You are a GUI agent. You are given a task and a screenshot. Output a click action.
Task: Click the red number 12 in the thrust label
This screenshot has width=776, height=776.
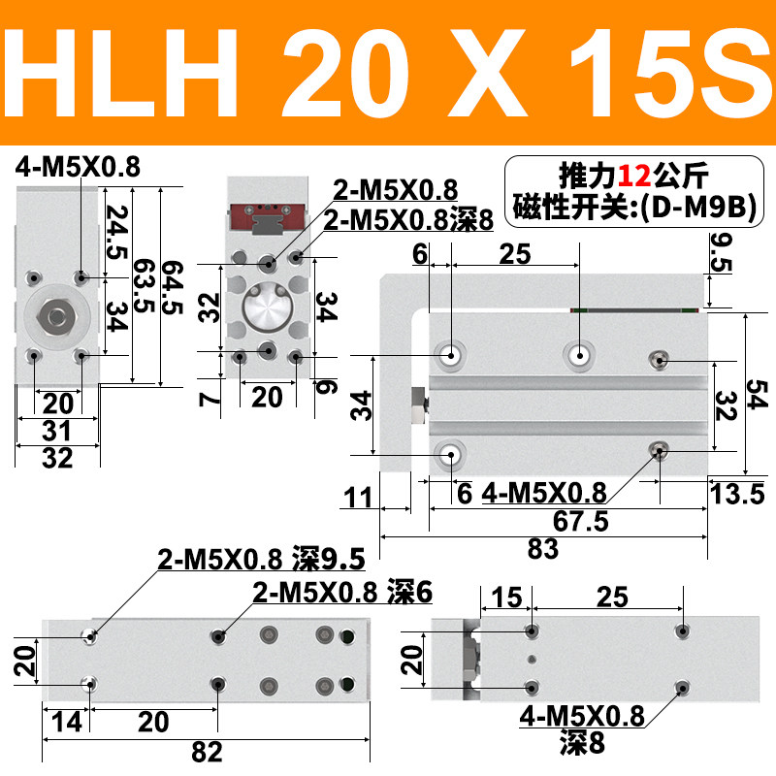(x=634, y=176)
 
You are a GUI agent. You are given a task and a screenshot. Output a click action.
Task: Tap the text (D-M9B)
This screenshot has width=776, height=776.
(x=698, y=207)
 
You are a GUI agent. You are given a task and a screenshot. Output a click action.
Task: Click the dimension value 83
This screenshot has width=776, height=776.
(x=543, y=549)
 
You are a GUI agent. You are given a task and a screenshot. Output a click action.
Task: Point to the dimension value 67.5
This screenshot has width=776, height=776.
(x=580, y=521)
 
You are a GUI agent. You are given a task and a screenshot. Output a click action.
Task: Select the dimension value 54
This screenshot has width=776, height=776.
(x=758, y=395)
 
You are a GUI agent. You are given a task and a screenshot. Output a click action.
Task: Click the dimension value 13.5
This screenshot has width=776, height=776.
(x=737, y=494)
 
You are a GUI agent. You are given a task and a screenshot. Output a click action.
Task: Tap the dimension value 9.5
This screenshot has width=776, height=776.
(x=721, y=252)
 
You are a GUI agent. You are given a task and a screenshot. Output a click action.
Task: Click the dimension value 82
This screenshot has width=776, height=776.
(x=207, y=753)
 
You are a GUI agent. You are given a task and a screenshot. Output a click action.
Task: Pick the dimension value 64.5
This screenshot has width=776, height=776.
(x=173, y=287)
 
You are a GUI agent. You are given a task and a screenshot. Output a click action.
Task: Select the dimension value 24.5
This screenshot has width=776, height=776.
(x=117, y=232)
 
